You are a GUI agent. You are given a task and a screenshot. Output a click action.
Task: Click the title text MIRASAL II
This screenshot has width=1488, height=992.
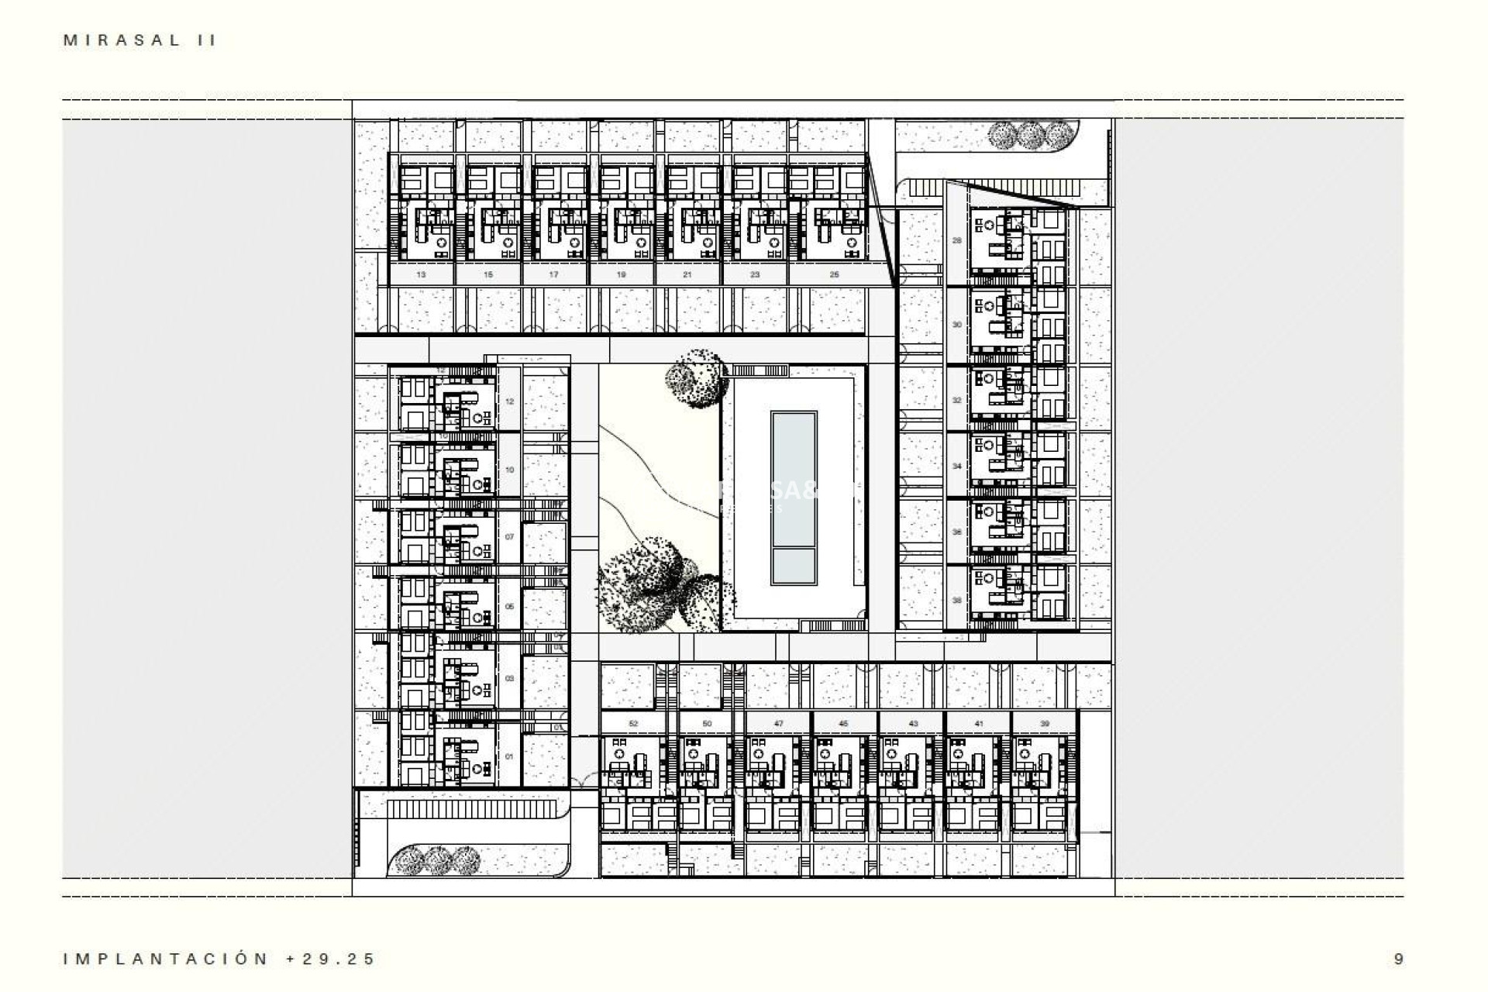[x=139, y=40]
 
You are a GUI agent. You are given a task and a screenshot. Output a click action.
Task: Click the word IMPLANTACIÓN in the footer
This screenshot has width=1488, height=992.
[x=166, y=959]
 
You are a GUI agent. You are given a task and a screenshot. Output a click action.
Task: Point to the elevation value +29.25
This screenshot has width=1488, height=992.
[x=331, y=959]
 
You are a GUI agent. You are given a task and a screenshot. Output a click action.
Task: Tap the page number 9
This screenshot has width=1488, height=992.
[x=1398, y=959]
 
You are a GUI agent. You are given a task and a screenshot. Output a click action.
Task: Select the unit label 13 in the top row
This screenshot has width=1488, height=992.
[x=421, y=274]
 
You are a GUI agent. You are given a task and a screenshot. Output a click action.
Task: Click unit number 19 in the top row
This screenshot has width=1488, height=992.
[x=622, y=274]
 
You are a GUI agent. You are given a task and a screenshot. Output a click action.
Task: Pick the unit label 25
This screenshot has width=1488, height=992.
[x=834, y=274]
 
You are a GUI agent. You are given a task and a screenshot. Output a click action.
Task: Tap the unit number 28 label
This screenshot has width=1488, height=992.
[x=957, y=241]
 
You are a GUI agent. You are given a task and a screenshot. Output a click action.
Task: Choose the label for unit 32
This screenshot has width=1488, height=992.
[x=957, y=400]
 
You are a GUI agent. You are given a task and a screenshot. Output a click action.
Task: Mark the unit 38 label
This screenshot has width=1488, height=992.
[x=957, y=600]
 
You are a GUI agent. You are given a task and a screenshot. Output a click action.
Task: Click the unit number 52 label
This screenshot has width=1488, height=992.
[x=633, y=724]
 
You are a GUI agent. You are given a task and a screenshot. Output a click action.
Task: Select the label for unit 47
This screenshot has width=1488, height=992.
[x=778, y=724]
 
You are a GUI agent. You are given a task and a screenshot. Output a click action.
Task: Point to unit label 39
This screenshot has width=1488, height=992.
[x=1045, y=724]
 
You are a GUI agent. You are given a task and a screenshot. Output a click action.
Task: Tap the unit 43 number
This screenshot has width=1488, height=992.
[x=913, y=724]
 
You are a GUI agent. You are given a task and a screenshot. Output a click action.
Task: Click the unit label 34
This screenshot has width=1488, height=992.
[x=957, y=467]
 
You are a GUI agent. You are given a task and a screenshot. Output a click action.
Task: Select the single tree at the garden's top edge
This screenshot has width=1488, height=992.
[x=697, y=377]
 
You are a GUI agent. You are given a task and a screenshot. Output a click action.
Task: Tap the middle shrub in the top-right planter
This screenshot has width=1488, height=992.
[x=1030, y=136]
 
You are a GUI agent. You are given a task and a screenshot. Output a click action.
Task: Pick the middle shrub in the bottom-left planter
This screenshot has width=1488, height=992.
[x=437, y=860]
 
